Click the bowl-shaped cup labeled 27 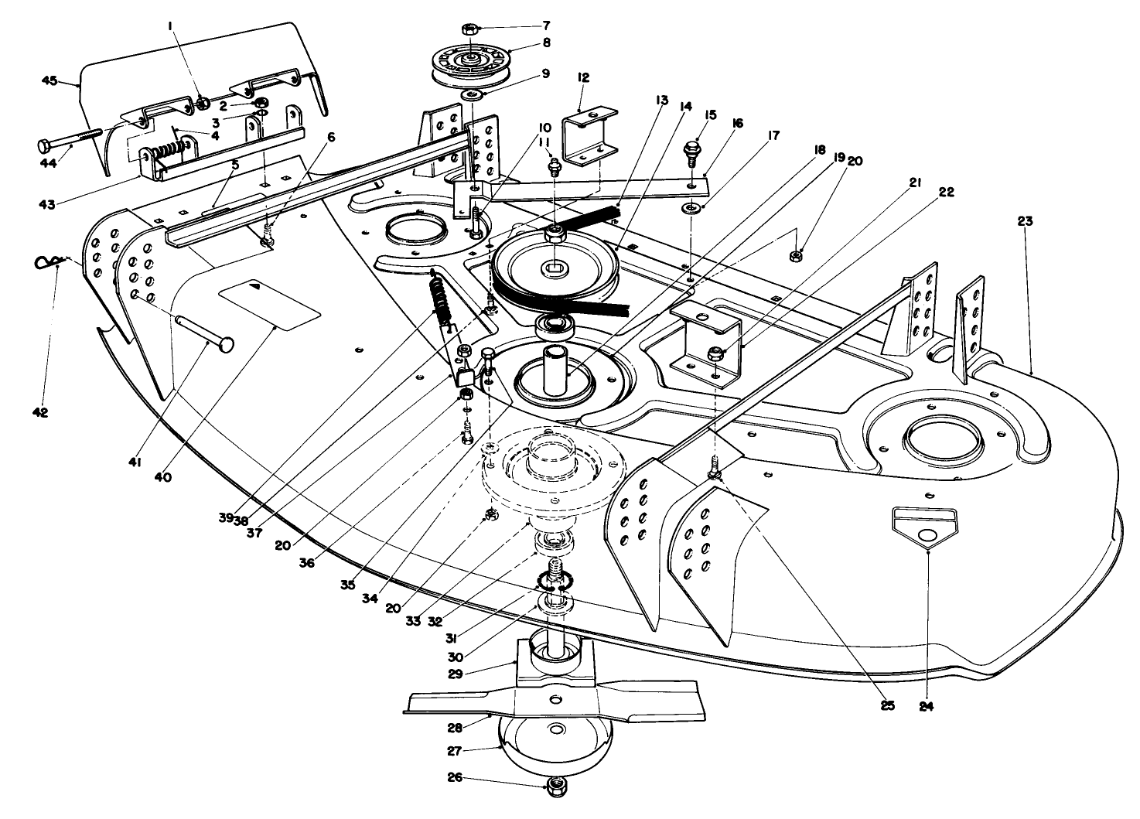pyautogui.click(x=554, y=742)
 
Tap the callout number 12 pyautogui.click(x=583, y=77)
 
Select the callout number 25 pyautogui.click(x=887, y=705)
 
